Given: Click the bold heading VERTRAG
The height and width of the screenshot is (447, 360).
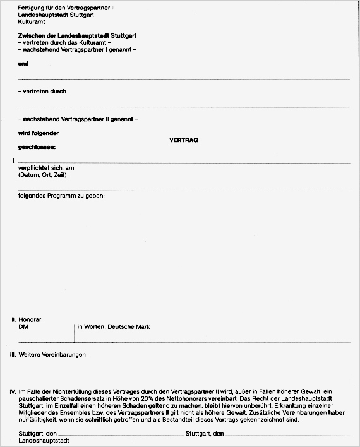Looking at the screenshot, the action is (184, 140).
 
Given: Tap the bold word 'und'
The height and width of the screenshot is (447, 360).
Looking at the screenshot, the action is (24, 64).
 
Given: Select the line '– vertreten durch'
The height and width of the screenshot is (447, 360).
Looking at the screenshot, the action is (42, 92).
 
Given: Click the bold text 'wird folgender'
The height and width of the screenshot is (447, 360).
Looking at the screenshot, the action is (39, 133).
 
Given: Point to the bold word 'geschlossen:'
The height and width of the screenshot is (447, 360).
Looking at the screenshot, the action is (37, 147).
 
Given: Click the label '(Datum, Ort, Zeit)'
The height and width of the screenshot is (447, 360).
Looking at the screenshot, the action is (42, 175).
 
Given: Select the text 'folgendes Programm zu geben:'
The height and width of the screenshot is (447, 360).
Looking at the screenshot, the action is (61, 196).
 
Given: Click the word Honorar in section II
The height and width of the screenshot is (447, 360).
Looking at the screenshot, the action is (30, 320).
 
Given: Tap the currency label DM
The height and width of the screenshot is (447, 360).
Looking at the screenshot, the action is (23, 327).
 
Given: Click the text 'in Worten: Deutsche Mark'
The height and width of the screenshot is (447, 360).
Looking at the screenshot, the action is (114, 327).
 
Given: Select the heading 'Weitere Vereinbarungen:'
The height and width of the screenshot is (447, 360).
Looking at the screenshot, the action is (54, 354).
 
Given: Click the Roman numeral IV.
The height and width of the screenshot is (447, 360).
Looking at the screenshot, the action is (13, 392).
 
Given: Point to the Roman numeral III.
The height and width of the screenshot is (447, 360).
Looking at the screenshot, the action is (13, 354).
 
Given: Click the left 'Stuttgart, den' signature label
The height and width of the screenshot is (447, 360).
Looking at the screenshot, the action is (39, 434).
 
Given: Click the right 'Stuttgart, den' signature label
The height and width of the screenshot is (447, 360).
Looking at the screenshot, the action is (205, 434).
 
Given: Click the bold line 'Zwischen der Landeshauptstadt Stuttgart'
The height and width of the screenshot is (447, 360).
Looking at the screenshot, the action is (78, 36).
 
